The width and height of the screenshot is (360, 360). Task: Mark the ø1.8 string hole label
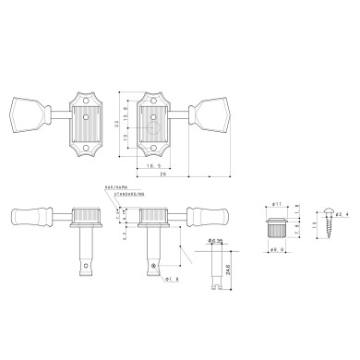(169, 278)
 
